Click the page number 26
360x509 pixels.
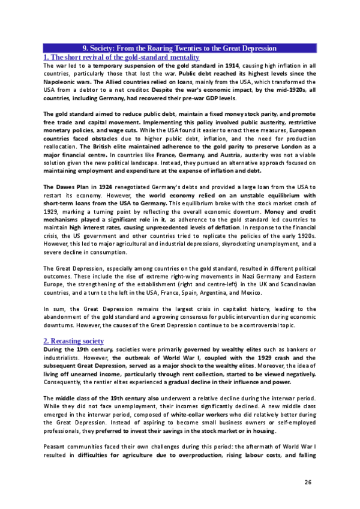tap(308, 482)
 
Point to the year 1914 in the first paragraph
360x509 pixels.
tap(230, 65)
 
